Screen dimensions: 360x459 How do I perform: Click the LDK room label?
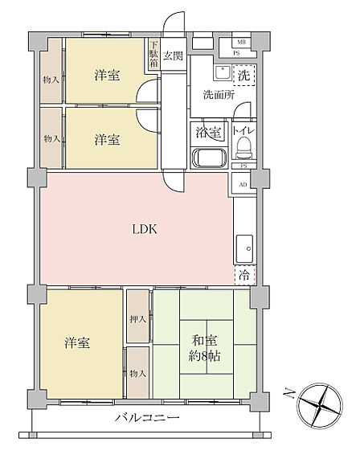coord(145,229)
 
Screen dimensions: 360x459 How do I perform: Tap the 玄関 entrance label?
coord(173,55)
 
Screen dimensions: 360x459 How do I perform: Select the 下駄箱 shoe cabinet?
coord(153,54)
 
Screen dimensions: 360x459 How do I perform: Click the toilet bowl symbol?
coord(243,147)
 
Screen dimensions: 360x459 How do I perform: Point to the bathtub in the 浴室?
coord(209,158)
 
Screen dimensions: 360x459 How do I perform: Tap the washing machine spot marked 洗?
coord(244,76)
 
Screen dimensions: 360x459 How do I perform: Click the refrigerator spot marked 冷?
coord(245,275)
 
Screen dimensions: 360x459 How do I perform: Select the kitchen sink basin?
coord(244,249)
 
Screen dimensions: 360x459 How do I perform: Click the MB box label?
coord(241,42)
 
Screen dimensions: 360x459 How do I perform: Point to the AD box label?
coord(243,184)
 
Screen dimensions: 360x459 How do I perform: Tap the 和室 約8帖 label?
coord(204,348)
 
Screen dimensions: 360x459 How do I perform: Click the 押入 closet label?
coord(138,319)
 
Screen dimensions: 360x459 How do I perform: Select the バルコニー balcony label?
coord(146,417)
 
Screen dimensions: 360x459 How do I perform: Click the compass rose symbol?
coord(319,405)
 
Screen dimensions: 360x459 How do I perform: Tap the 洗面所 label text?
coord(219,95)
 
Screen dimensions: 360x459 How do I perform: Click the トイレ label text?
coord(243,131)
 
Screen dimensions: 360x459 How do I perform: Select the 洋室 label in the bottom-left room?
coord(77,342)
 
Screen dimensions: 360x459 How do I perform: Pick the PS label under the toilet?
coord(243,166)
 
